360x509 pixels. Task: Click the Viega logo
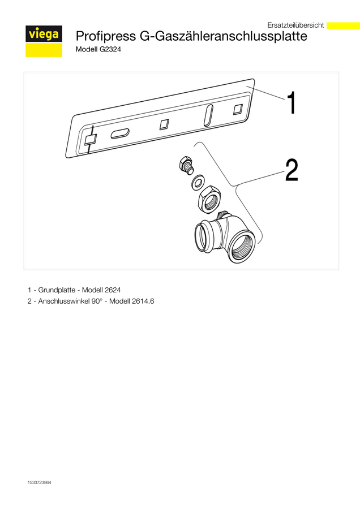44,41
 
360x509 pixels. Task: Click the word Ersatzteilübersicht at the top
295,25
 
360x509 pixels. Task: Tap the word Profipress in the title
106,36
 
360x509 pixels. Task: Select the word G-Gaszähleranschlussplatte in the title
224,36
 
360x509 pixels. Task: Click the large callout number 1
292,102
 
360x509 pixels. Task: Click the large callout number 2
292,170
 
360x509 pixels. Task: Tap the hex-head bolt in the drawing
186,166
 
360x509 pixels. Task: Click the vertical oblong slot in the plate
208,115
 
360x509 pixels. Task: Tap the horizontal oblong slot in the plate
120,133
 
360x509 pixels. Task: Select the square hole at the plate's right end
238,109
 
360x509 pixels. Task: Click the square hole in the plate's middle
164,124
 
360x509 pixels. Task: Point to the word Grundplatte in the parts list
57,290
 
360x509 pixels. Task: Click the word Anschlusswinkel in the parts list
63,301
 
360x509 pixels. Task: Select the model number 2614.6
143,301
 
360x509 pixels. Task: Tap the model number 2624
113,290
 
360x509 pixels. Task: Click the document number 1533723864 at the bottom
39,482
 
